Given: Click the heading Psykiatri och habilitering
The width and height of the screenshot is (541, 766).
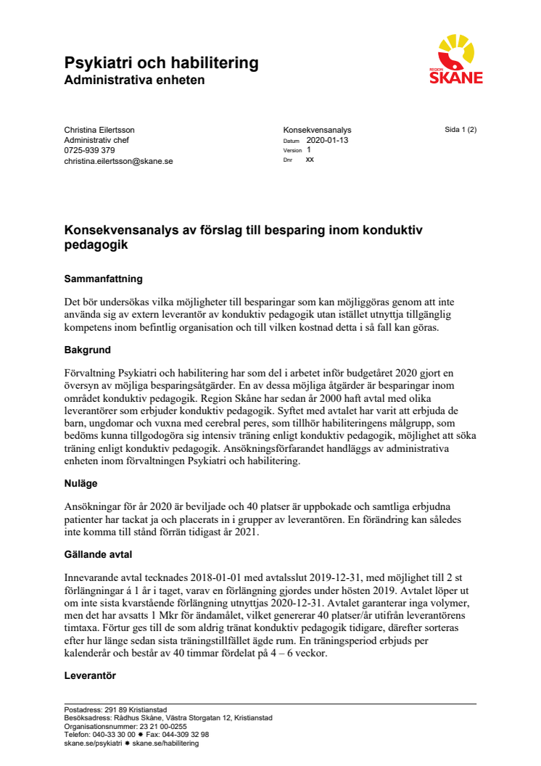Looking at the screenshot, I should (161, 62).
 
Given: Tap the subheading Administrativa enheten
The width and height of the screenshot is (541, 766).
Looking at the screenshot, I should (134, 80).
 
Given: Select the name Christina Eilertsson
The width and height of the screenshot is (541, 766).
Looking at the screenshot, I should (99, 130).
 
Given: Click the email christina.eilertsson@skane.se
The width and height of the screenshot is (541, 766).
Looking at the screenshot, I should (118, 161).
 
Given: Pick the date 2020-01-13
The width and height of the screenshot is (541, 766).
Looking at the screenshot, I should (327, 140).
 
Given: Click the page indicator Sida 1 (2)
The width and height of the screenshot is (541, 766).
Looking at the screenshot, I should (461, 130).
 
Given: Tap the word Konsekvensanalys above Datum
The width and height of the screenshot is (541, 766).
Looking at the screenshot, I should (307, 130).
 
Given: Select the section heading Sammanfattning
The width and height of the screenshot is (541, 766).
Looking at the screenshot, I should (103, 279).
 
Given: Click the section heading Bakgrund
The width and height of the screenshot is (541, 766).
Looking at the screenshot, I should (87, 350).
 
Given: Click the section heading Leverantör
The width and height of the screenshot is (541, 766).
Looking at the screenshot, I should (90, 675).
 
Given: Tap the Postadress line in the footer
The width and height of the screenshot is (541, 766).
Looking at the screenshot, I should (116, 710).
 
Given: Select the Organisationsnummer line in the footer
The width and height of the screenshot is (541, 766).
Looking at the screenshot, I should (125, 726).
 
